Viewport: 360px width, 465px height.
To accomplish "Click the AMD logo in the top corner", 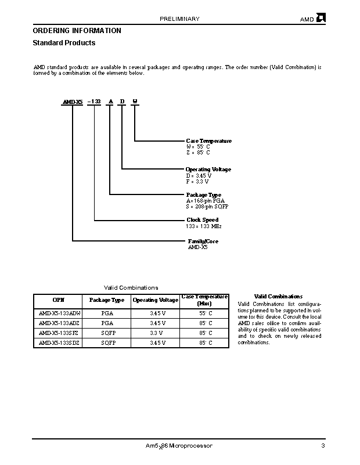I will tap(321, 18).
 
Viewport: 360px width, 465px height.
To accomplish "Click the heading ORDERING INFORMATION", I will tap(77, 31).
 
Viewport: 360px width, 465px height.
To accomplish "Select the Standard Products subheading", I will tap(64, 43).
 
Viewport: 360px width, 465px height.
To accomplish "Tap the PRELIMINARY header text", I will tap(179, 19).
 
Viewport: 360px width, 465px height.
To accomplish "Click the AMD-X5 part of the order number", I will tap(73, 102).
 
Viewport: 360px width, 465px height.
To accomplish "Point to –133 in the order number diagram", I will tap(94, 102).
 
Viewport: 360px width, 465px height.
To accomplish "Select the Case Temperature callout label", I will tap(208, 141).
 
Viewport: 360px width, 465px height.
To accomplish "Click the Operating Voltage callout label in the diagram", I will tap(208, 170).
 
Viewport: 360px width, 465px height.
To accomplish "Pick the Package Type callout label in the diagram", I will tap(203, 195).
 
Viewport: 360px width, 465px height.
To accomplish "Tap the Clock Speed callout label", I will tap(202, 220).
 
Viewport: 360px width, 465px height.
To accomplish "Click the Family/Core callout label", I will tap(203, 241).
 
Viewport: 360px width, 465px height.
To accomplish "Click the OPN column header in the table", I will tap(59, 300).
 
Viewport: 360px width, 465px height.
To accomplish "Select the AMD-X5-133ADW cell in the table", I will tap(60, 313).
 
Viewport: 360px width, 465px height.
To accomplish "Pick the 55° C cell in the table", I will tap(206, 313).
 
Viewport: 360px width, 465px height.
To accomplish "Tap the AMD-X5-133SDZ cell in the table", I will tap(60, 343).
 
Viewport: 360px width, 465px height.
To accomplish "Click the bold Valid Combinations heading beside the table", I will tap(278, 297).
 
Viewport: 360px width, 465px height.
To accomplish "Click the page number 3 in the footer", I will tap(322, 446).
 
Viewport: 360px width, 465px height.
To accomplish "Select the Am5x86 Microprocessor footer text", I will tap(179, 446).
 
